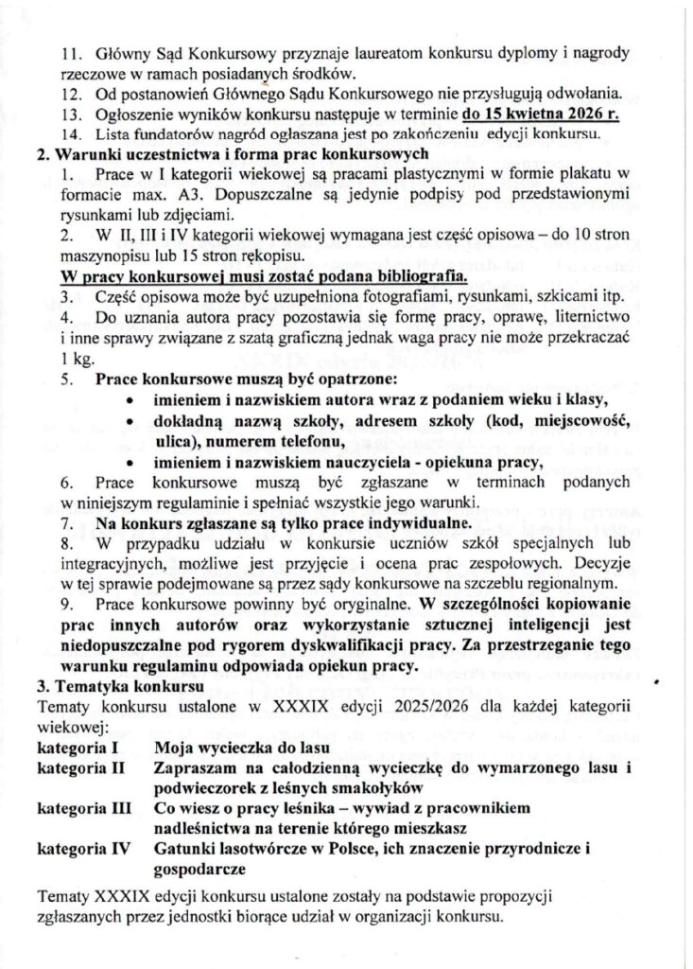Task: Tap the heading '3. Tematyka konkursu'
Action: tap(106, 686)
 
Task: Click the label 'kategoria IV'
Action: tap(81, 851)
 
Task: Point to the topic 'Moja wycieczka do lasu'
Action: tap(236, 747)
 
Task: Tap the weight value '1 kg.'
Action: tap(76, 360)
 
